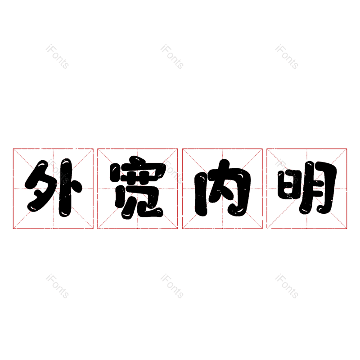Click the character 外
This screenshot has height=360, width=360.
pyautogui.click(x=53, y=188)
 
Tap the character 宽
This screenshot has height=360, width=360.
pyautogui.click(x=138, y=187)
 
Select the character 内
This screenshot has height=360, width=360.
pyautogui.click(x=222, y=188)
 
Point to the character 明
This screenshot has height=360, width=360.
pyautogui.click(x=307, y=188)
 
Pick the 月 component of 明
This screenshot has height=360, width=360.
pyautogui.click(x=318, y=188)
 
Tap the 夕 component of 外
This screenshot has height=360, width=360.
pyautogui.click(x=41, y=186)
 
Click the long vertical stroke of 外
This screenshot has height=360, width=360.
pyautogui.click(x=66, y=188)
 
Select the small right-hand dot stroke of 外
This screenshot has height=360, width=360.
pyautogui.click(x=77, y=186)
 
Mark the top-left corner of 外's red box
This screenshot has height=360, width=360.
pyautogui.click(x=13, y=149)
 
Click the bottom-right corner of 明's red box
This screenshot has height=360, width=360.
pyautogui.click(x=346, y=229)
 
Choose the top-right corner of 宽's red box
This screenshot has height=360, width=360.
pyautogui.click(x=177, y=149)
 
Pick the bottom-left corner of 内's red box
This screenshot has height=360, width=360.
pyautogui.click(x=182, y=229)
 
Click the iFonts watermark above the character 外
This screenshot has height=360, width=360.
pyautogui.click(x=57, y=57)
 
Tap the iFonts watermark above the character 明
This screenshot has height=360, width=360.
pyautogui.click(x=287, y=57)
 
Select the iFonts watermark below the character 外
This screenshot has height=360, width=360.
pyautogui.click(x=57, y=286)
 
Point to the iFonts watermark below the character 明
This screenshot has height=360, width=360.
pyautogui.click(x=287, y=286)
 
